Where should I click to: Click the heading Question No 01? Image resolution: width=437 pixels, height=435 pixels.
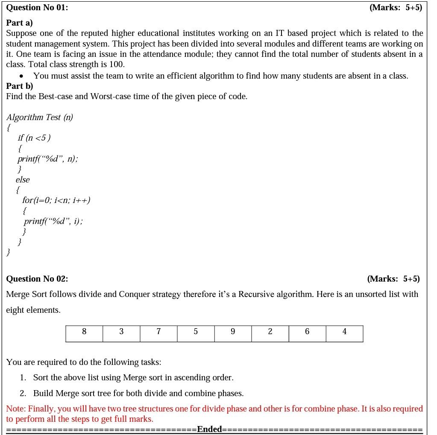tap(37, 7)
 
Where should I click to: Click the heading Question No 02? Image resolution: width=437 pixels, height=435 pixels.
tap(37, 279)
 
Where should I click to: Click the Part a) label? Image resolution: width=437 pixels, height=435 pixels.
tap(20, 23)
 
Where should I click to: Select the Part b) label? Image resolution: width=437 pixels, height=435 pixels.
tap(20, 86)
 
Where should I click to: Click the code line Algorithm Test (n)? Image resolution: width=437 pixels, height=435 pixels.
tap(40, 117)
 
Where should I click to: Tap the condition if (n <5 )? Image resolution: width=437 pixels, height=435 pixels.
tap(34, 138)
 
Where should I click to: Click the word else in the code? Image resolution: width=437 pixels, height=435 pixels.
tap(23, 179)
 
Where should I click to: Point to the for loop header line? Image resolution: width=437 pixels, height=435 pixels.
tap(56, 200)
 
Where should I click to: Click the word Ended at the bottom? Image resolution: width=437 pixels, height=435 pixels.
tap(209, 429)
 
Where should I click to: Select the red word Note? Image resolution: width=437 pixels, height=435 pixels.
tap(16, 409)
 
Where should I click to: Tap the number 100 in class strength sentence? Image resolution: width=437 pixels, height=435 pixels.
tap(116, 65)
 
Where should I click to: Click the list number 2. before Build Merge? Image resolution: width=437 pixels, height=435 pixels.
tap(23, 393)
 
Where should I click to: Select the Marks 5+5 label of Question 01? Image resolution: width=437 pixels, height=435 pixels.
tap(396, 7)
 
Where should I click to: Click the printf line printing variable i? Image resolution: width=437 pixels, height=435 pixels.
tap(53, 221)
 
